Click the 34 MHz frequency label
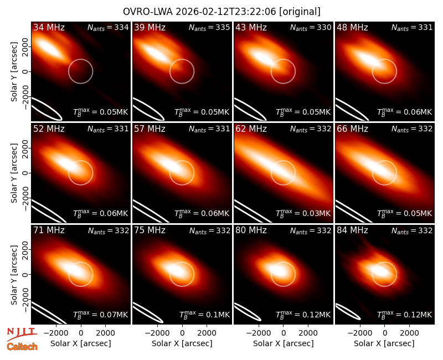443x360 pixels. [49, 27]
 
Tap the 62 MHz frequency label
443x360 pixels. [251, 129]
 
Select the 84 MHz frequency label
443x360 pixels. [352, 230]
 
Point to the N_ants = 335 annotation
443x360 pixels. [209, 28]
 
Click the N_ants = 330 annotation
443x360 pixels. [311, 28]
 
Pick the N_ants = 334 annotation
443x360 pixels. [108, 28]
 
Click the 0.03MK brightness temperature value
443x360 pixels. [316, 213]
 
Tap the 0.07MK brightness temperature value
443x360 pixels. [114, 315]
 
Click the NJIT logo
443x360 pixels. [22, 333]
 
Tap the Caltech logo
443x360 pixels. [22, 347]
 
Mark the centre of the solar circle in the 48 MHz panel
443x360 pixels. [384, 71]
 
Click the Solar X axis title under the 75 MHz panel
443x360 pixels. [182, 343]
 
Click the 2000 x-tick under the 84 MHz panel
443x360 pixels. [409, 333]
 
